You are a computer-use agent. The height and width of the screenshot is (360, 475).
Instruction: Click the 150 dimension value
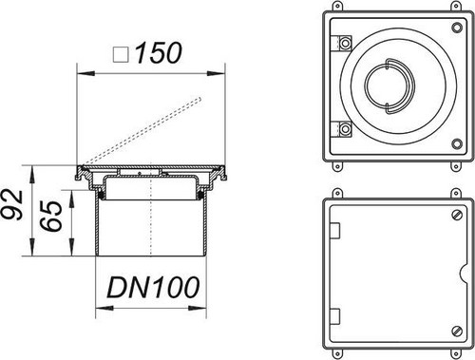click(159, 52)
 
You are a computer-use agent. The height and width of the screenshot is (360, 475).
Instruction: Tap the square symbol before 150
click(121, 54)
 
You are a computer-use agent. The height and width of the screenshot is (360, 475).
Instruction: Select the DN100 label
click(153, 287)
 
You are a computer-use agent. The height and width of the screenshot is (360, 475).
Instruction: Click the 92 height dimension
click(12, 204)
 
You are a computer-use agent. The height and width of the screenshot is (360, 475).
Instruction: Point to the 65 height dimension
click(50, 217)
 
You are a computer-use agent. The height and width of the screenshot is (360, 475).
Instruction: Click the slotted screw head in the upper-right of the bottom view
click(457, 216)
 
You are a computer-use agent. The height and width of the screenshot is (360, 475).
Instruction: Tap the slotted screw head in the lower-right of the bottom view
click(457, 331)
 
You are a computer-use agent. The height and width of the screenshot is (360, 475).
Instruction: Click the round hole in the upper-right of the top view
click(457, 28)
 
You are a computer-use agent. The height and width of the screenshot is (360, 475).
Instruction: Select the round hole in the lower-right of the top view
click(457, 143)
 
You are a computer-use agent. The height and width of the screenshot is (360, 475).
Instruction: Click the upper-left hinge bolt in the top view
click(345, 43)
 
